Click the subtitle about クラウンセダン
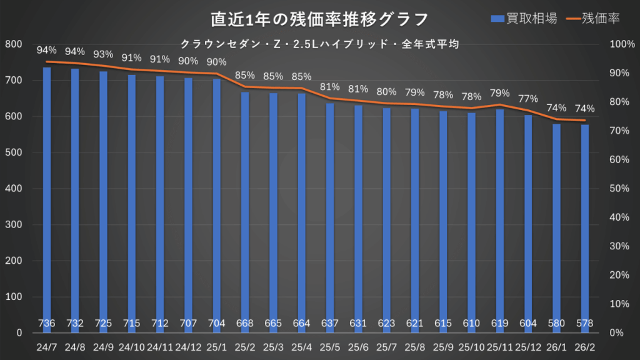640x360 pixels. (x=320, y=44)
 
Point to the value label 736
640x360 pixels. (x=47, y=324)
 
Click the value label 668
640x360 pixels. (x=245, y=324)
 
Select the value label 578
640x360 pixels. (x=585, y=324)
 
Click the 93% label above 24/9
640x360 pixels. (x=104, y=54)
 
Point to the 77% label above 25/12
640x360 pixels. (x=528, y=99)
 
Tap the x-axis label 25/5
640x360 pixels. (x=330, y=344)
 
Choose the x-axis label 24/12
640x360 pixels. (x=188, y=344)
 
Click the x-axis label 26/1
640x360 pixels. (x=557, y=344)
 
